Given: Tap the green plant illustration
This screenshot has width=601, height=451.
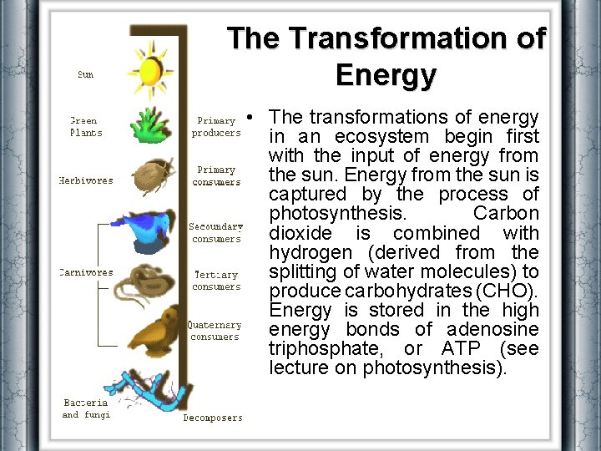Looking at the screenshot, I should click(150, 124).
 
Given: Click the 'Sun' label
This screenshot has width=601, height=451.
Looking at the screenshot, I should click(85, 74).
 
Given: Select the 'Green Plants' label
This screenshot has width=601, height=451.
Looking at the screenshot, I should click(85, 126).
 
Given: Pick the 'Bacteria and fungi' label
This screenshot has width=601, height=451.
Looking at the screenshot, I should click(86, 408).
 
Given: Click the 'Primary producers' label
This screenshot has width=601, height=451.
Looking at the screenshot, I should click(216, 127).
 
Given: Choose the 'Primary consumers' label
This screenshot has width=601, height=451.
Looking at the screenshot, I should click(216, 176).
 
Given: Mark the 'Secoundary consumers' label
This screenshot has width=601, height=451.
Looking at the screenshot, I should click(216, 232).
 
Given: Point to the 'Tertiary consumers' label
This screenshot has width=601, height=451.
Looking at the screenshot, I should click(216, 281).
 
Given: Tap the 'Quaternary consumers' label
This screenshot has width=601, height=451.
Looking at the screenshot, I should click(215, 331).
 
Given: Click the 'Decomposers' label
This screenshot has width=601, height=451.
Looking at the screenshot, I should click(213, 418).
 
